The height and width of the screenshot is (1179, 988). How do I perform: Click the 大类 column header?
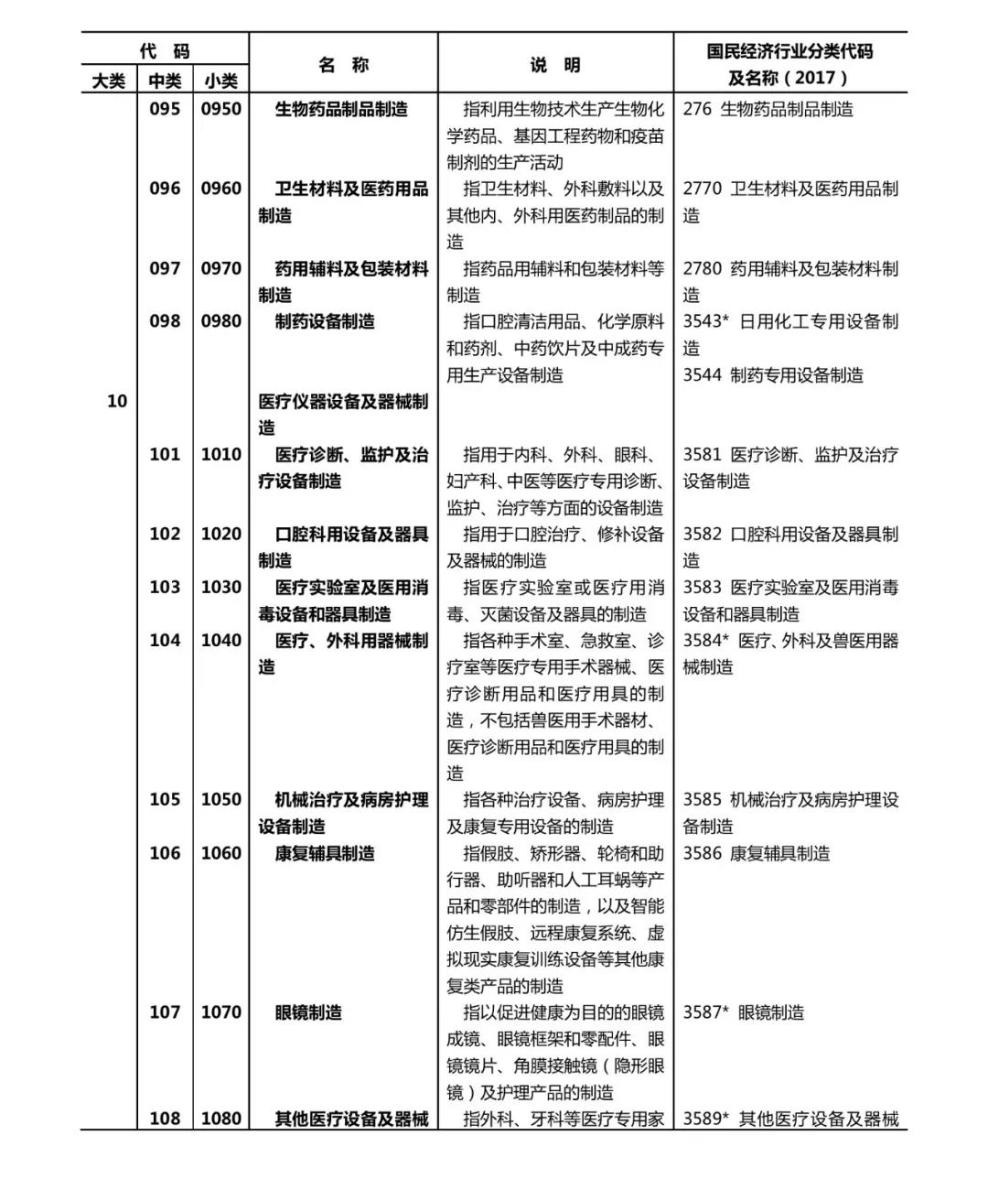tap(109, 81)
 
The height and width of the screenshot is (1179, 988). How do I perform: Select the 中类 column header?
tap(165, 81)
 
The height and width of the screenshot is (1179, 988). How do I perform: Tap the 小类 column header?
tap(220, 81)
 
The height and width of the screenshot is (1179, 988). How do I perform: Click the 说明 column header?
tap(555, 65)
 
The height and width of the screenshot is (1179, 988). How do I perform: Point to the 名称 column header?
tap(343, 65)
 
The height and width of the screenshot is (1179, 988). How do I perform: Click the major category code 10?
tap(117, 401)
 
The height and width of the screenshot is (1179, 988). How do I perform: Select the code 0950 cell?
tap(221, 109)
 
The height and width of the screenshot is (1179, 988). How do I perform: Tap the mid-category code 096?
tap(165, 189)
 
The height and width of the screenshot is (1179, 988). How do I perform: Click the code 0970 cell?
tap(221, 268)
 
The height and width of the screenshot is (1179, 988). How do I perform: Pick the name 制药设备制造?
tap(325, 321)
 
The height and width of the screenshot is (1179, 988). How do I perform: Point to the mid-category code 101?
tap(165, 454)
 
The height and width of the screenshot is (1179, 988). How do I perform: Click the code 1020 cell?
tap(221, 534)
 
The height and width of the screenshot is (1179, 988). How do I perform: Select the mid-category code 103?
tap(165, 587)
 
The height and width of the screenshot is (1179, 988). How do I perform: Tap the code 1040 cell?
tap(221, 640)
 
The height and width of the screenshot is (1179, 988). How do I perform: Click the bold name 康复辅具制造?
tap(325, 853)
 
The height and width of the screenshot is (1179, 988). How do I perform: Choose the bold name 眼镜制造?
tap(308, 1012)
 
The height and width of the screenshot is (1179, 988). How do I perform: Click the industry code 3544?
tap(702, 374)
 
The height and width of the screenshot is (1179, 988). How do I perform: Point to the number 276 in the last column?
tap(697, 109)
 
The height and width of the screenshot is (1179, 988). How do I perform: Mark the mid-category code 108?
tap(165, 1119)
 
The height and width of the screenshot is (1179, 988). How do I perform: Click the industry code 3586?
tap(702, 853)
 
